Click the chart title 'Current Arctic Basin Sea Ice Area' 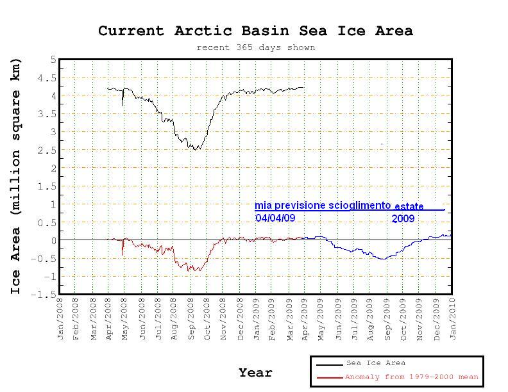tap(255, 31)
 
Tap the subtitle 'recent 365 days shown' tap(255, 47)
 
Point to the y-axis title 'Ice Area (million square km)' tap(16, 176)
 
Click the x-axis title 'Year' tap(255, 373)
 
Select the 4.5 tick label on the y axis tap(49, 78)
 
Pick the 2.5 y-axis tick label tap(49, 151)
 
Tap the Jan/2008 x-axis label tap(61, 319)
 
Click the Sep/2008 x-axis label tap(192, 319)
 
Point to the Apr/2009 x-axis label tap(307, 319)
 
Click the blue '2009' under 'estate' tap(403, 218)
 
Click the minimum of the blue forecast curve tap(382, 259)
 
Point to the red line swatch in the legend tap(329, 378)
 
